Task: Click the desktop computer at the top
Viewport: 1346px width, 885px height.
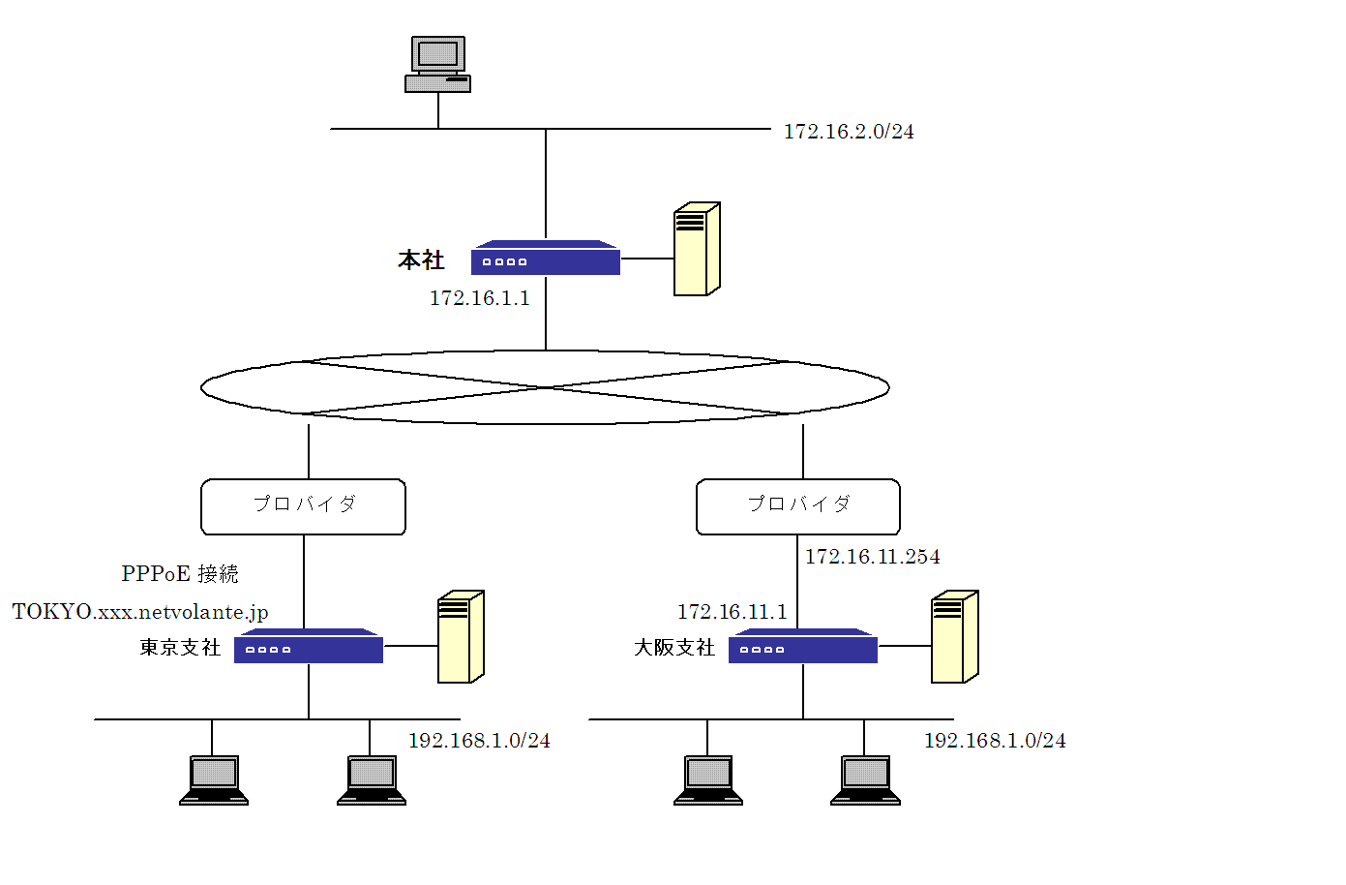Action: pos(437,64)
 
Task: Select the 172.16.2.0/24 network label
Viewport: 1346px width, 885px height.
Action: pos(849,132)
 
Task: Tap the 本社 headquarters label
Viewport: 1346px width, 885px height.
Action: pos(421,260)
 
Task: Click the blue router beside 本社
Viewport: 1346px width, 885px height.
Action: pos(546,258)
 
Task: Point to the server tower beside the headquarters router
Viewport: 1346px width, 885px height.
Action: pos(697,249)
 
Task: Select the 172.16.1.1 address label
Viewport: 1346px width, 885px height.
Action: pos(480,298)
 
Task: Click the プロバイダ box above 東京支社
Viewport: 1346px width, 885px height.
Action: pos(304,506)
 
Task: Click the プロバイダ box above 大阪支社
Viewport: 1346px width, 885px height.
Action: pos(798,506)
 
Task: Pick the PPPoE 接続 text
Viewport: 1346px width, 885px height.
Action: pos(180,573)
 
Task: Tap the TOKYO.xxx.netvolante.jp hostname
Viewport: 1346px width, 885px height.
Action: pos(140,612)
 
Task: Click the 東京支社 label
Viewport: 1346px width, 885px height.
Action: pos(180,648)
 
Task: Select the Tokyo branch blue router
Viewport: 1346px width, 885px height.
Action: pos(309,646)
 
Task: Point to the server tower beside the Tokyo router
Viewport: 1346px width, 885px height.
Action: pos(461,637)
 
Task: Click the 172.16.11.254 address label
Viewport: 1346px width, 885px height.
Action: pos(873,557)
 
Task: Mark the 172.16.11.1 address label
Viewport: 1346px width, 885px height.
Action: pos(732,612)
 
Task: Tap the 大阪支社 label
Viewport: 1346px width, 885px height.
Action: pos(674,648)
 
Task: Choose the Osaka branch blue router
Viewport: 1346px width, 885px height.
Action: pos(803,646)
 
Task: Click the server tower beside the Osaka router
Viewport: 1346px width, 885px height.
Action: pos(955,637)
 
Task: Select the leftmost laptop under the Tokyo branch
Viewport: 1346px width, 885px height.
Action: pos(214,780)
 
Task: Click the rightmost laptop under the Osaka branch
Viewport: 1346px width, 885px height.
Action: pos(865,780)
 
